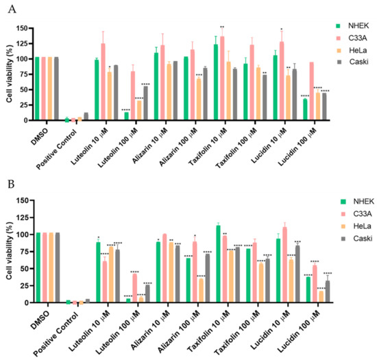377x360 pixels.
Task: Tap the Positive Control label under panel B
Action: [72, 328]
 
